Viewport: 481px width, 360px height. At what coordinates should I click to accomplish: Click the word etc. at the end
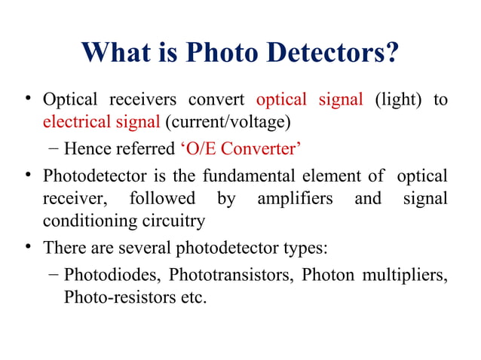click(190, 296)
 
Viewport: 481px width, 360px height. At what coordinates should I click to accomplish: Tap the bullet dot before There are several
click(29, 246)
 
